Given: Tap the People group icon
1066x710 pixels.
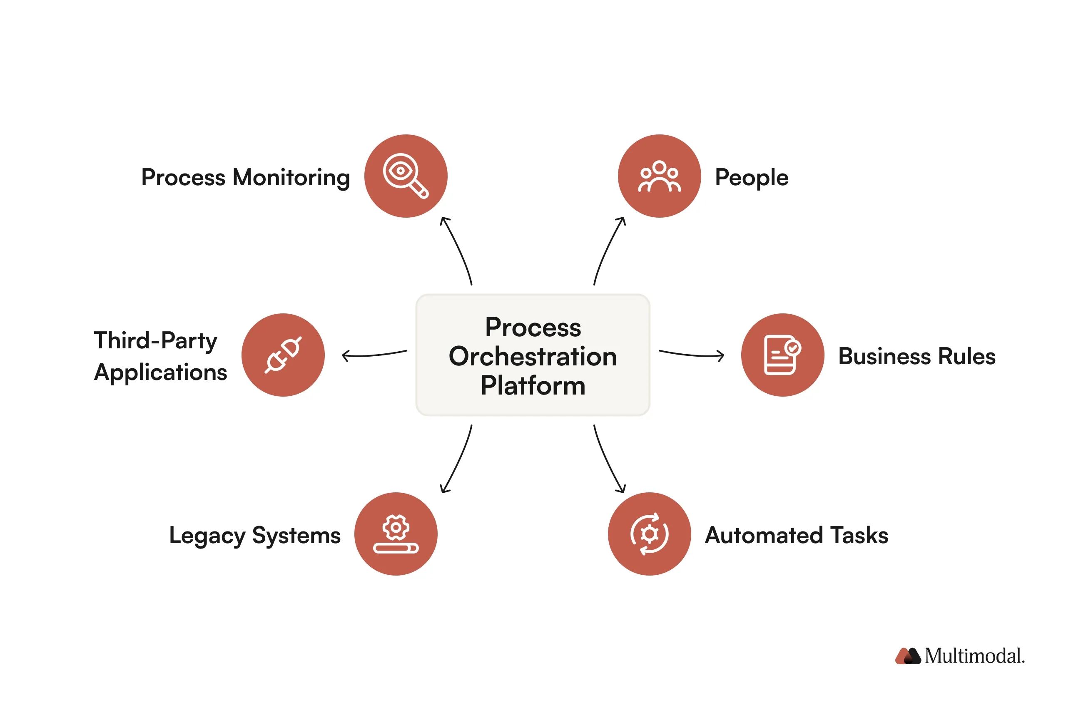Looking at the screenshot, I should (x=659, y=176).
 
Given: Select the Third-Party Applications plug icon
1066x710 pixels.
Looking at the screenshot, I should (x=283, y=355).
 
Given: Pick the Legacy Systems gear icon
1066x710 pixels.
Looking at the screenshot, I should (x=396, y=534).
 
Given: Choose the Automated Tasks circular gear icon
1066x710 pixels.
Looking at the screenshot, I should (x=649, y=534).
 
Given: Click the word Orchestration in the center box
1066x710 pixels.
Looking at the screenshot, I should (x=533, y=356).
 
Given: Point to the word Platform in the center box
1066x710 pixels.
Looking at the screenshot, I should (x=533, y=385).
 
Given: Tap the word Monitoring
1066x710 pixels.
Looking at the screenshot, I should (x=291, y=177).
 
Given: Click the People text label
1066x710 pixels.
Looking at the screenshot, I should (x=751, y=177).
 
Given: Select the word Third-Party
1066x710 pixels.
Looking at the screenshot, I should (x=155, y=340).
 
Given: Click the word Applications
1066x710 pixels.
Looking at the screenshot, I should (x=160, y=372).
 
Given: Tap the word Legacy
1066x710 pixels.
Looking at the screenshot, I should (x=207, y=536).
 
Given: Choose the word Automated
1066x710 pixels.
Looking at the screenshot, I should (x=763, y=535).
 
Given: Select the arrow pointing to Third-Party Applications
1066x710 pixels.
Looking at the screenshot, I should (x=374, y=354).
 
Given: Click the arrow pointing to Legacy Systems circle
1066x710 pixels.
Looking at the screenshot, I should (x=457, y=459).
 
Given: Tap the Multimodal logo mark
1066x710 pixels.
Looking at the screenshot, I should (x=907, y=655).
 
